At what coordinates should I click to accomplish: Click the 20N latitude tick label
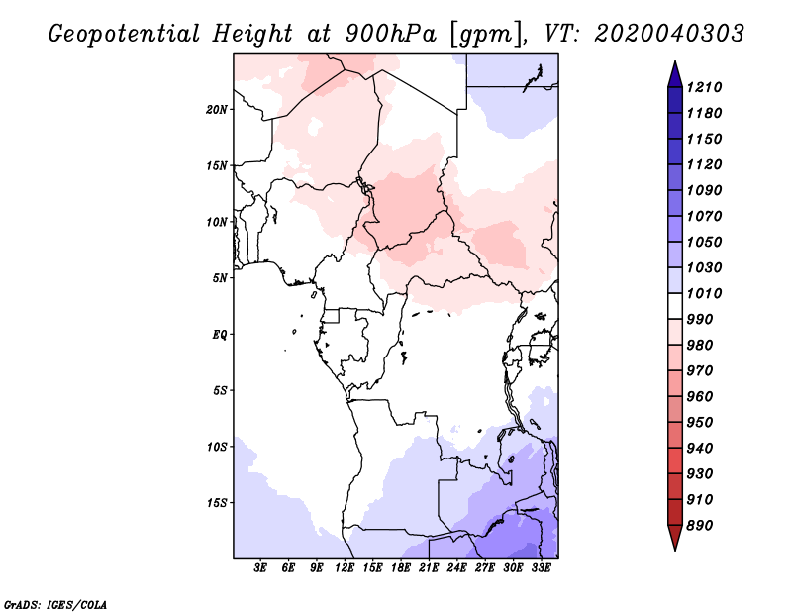[217, 109]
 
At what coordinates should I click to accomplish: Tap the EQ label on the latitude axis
[220, 334]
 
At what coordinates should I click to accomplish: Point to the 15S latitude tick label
[217, 502]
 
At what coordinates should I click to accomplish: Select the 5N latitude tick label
[220, 277]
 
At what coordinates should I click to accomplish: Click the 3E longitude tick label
[260, 567]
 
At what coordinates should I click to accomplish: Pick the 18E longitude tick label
[401, 567]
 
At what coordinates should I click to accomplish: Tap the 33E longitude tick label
[541, 567]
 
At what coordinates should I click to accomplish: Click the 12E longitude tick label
[345, 567]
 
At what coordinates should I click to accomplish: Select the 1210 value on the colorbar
[704, 87]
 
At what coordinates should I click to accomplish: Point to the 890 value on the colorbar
[700, 525]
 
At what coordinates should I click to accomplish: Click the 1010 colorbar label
[704, 293]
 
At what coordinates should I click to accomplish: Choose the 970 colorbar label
[700, 370]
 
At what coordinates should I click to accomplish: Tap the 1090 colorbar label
[704, 190]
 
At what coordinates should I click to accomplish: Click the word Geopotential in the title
[125, 34]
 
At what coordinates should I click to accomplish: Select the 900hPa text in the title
[391, 34]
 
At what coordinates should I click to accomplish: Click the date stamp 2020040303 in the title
[669, 34]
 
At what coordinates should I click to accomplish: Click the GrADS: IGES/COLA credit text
[55, 604]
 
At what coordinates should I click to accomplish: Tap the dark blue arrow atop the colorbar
[675, 74]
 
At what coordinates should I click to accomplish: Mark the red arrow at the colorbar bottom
[675, 538]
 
